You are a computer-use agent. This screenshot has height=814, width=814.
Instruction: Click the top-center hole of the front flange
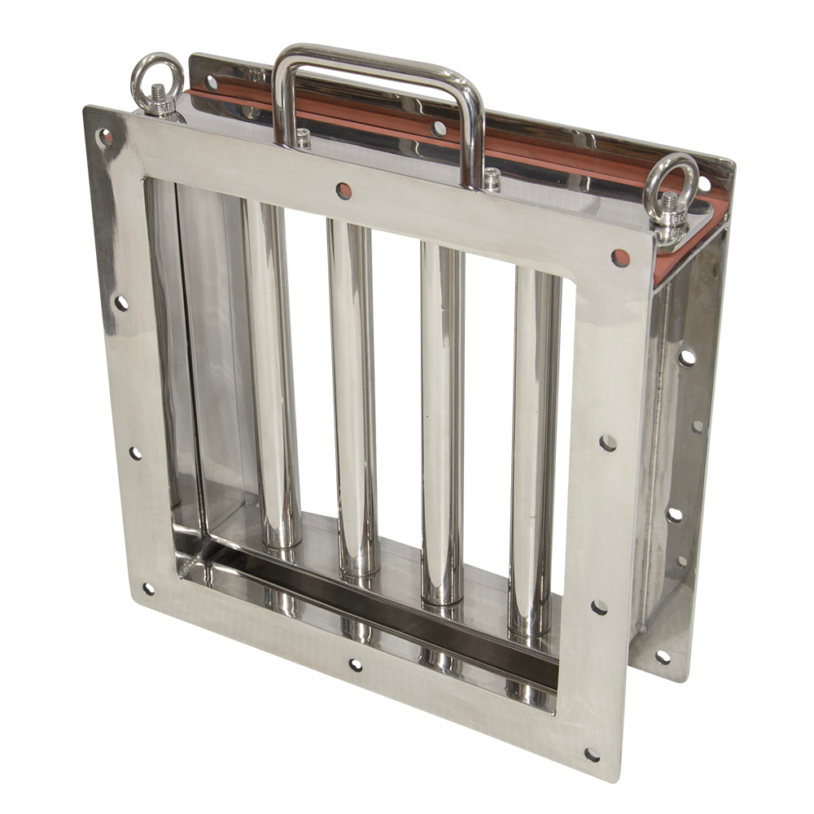click(343, 190)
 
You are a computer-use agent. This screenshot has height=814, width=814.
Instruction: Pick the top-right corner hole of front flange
click(620, 259)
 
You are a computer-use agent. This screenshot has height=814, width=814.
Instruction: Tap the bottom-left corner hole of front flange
click(147, 588)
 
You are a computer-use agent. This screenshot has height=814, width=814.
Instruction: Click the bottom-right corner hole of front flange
click(591, 754)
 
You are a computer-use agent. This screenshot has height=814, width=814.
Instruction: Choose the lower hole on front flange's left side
click(135, 452)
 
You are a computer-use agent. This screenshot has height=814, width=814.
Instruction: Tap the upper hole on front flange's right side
click(608, 443)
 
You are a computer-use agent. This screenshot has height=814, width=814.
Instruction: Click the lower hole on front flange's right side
click(599, 606)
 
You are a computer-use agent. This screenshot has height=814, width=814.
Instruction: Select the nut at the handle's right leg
click(491, 179)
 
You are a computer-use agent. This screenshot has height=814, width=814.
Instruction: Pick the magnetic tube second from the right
click(442, 423)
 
